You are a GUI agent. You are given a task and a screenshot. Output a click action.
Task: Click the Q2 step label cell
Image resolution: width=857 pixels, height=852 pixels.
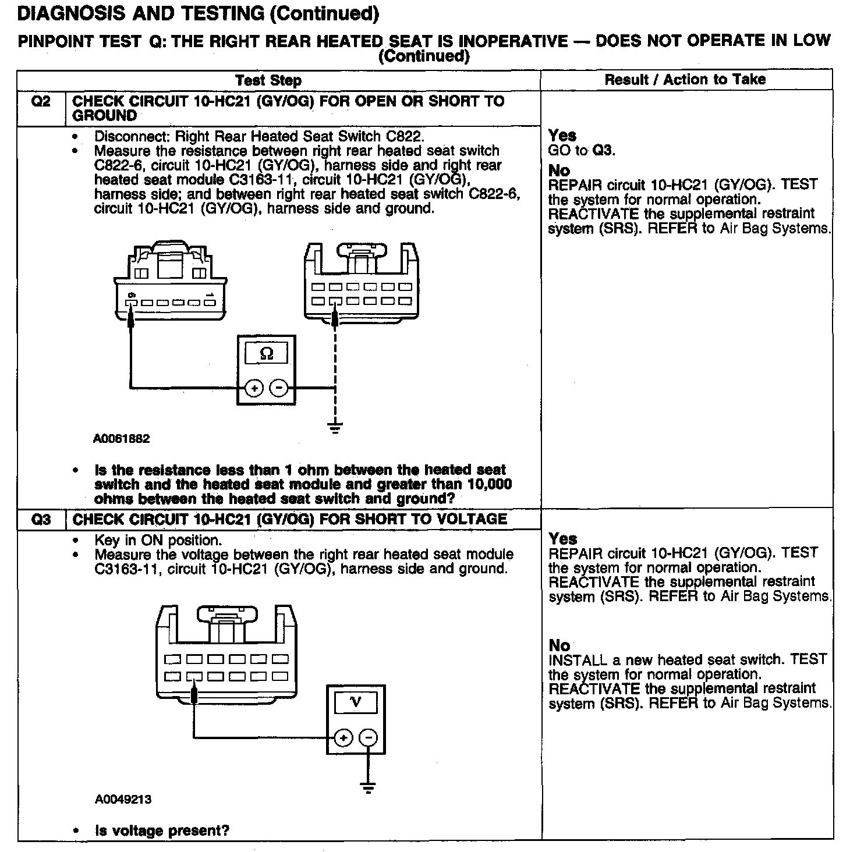tap(41, 102)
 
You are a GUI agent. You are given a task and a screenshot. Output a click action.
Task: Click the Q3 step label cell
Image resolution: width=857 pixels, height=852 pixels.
tap(41, 519)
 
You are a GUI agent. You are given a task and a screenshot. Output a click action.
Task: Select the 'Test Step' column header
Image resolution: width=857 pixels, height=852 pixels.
tap(268, 80)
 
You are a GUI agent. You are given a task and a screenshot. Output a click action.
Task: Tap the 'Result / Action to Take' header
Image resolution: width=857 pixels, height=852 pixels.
tap(685, 80)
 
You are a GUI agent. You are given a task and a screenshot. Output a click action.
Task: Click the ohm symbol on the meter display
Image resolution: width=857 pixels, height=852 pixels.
tap(266, 354)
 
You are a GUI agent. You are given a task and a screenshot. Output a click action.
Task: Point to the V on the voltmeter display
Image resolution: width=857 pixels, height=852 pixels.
tap(356, 702)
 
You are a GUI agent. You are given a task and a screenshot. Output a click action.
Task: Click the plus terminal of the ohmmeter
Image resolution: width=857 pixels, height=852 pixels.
tap(254, 388)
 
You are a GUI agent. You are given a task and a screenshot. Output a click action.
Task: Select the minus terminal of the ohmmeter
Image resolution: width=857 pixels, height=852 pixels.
tap(279, 388)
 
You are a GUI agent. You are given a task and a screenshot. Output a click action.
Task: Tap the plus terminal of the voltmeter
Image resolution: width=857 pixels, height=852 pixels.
tap(343, 738)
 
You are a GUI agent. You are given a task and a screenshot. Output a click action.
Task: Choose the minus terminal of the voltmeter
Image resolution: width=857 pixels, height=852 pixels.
tap(368, 738)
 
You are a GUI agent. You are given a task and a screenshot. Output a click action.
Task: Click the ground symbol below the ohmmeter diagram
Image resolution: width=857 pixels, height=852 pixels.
tap(335, 428)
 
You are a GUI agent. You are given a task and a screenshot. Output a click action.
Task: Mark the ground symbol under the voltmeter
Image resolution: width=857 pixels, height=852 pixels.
tap(368, 788)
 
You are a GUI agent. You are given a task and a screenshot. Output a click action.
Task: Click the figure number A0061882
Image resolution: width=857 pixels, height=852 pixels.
tap(121, 439)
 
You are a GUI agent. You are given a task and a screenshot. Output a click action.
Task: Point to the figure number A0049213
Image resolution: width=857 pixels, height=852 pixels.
tap(123, 799)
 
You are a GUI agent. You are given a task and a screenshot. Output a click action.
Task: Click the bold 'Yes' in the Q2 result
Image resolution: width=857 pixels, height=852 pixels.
tap(562, 136)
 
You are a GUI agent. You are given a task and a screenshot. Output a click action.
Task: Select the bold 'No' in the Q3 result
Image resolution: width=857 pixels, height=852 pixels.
tap(559, 645)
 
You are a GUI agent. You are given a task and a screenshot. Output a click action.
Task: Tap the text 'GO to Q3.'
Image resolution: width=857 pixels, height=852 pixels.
tap(582, 150)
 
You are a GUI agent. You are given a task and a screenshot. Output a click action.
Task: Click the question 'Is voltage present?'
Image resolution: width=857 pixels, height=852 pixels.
tap(162, 830)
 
